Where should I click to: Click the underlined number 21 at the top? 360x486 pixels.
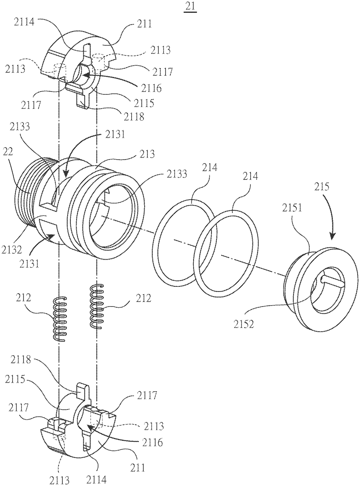pyautogui.click(x=191, y=6)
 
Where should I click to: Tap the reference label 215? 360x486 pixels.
pyautogui.click(x=322, y=187)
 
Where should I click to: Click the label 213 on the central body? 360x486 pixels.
pyautogui.click(x=147, y=154)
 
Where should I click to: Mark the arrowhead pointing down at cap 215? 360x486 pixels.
pyautogui.click(x=332, y=236)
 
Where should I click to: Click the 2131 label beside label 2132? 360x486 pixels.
pyautogui.click(x=29, y=264)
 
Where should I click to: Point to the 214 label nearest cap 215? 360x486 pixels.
pyautogui.click(x=250, y=176)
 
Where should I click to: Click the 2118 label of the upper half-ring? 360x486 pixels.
pyautogui.click(x=134, y=117)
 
